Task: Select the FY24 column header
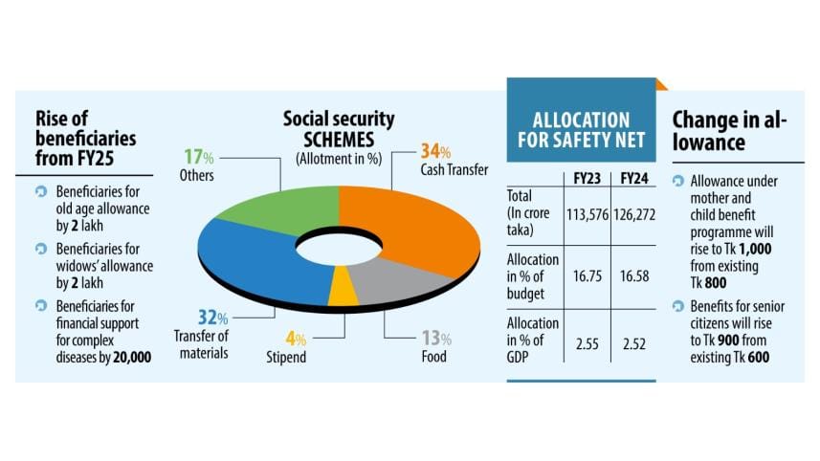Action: coord(633,178)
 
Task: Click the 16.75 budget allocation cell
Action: coord(585,275)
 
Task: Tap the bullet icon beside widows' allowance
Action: coord(40,249)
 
